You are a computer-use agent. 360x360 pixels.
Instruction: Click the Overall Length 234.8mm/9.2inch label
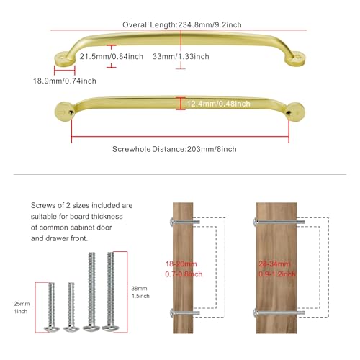[x=182, y=24]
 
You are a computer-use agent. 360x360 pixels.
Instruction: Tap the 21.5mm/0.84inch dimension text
[x=112, y=56]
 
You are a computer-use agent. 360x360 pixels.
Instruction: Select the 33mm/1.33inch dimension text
[x=181, y=56]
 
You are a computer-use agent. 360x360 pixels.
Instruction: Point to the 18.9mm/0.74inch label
[x=65, y=81]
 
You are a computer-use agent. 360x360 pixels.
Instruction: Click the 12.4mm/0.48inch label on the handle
[x=218, y=104]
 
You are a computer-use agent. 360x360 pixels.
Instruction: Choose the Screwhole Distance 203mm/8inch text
[x=174, y=149]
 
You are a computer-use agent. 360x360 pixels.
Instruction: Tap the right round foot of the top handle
[x=295, y=58]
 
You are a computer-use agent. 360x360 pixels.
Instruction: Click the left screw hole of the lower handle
[x=71, y=112]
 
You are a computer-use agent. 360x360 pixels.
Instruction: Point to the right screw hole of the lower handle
[x=289, y=112]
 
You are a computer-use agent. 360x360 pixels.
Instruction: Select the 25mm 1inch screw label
[x=22, y=307]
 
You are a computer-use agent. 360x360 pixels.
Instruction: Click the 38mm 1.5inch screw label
[x=140, y=292]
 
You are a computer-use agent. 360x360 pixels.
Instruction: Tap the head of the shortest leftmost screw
[x=52, y=329]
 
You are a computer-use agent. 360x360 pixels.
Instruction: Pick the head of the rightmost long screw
[x=109, y=328]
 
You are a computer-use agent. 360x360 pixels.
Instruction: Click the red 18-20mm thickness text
[x=181, y=264]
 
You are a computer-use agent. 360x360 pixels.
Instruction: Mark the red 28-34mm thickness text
[x=274, y=264]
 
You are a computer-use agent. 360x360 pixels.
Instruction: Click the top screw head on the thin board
[x=172, y=222]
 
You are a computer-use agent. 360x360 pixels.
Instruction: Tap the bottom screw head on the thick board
[x=255, y=312]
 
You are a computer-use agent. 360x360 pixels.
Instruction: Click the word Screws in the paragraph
[x=41, y=205]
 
